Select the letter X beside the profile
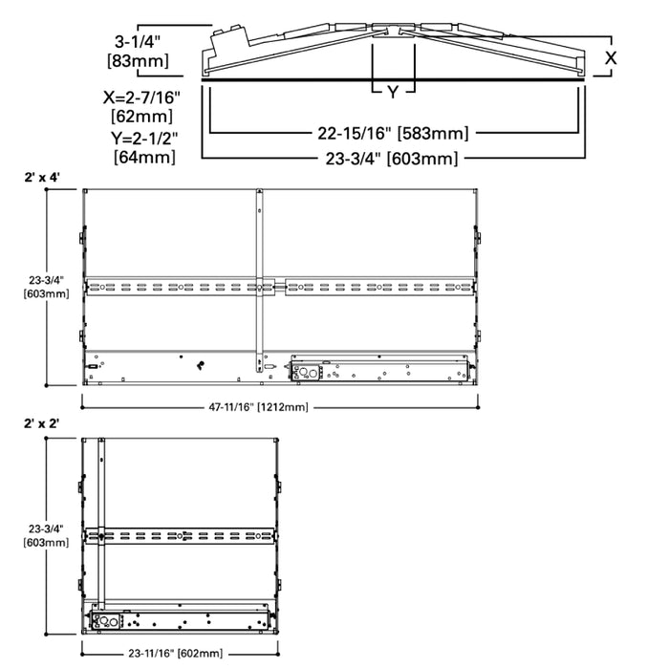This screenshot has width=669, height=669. click(611, 58)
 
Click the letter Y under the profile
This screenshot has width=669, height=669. click(393, 92)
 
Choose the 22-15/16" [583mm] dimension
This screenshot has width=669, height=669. click(393, 134)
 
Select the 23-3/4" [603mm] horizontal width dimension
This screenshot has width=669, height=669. click(393, 158)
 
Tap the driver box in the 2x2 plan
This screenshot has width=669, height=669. click(177, 618)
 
